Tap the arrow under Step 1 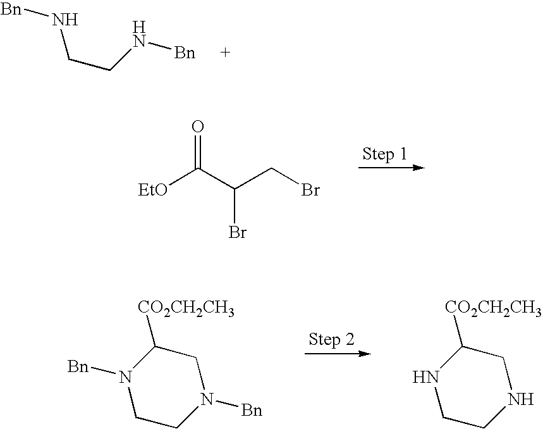click(390, 168)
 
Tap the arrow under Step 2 click(337, 353)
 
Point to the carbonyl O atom click(198, 128)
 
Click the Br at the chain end click(310, 190)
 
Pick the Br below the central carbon click(237, 233)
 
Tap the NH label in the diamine click(65, 20)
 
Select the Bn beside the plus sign click(185, 53)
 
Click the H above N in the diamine click(140, 27)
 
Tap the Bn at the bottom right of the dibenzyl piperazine click(251, 411)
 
